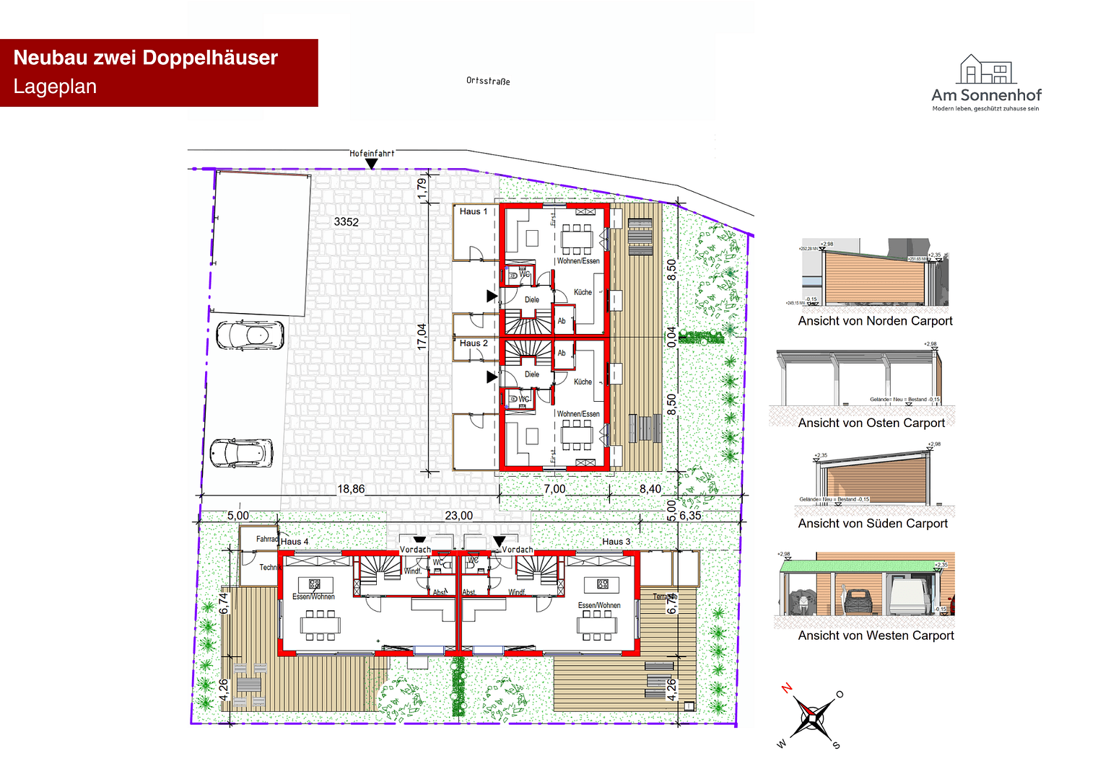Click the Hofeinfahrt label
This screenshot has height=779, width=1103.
pos(372,154)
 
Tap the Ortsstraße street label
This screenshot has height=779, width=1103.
pos(488,81)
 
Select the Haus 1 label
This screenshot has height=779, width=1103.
pos(474,211)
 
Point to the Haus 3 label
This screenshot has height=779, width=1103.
pos(616,542)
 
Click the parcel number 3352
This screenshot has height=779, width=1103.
pos(346,222)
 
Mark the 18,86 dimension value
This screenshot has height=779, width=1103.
pos(352,489)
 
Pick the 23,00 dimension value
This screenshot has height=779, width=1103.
pos(459,516)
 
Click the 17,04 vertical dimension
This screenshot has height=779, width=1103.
pos(422,337)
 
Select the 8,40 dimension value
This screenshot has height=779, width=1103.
pos(650,489)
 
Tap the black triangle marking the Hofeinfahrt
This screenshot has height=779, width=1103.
pos(371,164)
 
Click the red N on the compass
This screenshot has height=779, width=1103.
pos(787,687)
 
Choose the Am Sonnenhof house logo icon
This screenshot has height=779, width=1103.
pos(986,69)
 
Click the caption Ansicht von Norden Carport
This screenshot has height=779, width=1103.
pos(875,321)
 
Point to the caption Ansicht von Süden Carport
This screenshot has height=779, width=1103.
pos(873,524)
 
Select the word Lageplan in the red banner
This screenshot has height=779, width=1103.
pos(55,87)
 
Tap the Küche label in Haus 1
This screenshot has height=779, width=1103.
pos(583,292)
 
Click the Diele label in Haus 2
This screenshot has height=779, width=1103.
pos(532,374)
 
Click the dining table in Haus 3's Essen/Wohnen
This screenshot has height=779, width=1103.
pos(596,625)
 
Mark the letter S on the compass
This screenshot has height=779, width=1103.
pos(836,745)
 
